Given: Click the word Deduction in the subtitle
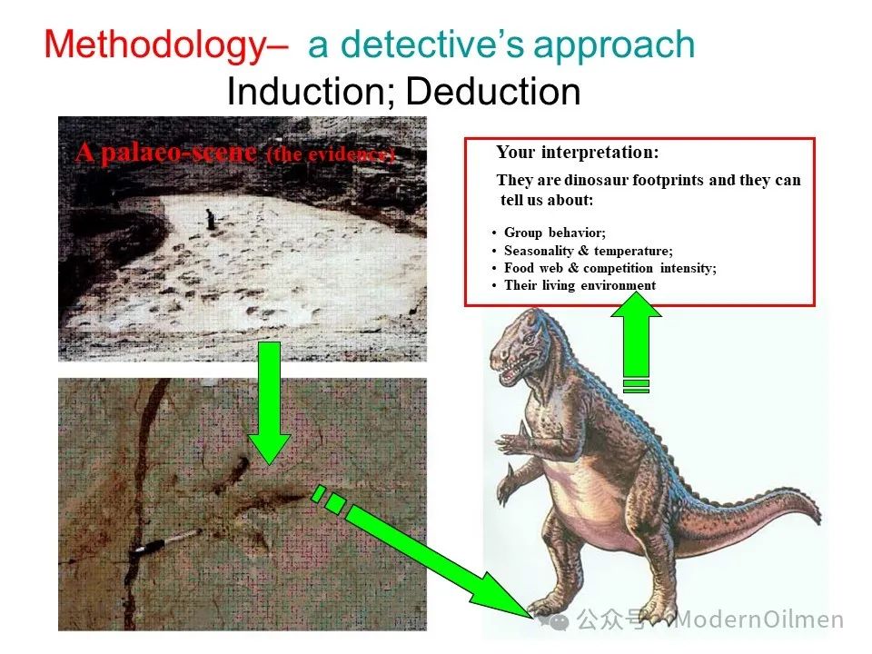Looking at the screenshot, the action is pos(493,91).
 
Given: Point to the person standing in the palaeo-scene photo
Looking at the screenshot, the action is pos(210,219).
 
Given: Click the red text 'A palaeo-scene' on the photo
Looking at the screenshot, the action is pos(165,152).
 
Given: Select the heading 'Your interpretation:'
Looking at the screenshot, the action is pos(578,152).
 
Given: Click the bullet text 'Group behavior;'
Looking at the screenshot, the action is pos(554,233).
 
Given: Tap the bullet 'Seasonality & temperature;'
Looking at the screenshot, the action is pos(589,251).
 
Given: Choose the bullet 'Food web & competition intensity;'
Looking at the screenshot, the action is pos(610,268).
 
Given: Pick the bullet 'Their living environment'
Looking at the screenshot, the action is pos(580,285).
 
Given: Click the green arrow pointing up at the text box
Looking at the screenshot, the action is pos(636,342).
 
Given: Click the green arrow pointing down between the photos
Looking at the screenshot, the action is pos(269,403).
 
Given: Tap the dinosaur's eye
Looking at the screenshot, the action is pos(527,338).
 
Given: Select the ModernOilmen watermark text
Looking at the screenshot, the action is pos(758,619).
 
